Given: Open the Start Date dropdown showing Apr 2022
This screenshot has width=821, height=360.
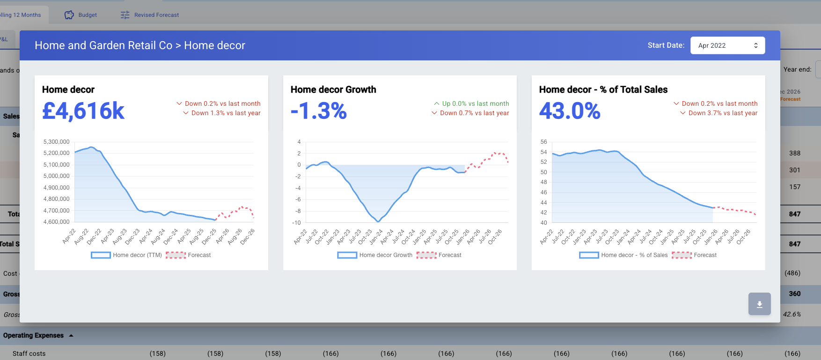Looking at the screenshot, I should tap(727, 45).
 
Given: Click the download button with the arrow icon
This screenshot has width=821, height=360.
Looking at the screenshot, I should tap(759, 304).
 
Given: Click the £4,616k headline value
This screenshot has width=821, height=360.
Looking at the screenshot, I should tap(83, 111).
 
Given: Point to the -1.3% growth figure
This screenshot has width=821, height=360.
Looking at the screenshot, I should tap(319, 111).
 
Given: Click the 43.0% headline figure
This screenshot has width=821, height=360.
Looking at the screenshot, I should tap(570, 111).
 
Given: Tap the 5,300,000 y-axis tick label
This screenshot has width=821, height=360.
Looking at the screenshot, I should tap(56, 142).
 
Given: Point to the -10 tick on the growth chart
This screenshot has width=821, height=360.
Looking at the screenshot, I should tap(296, 223).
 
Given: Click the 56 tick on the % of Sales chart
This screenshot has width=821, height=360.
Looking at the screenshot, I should tap(543, 142).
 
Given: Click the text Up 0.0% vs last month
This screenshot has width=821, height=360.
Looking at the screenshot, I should tap(475, 103).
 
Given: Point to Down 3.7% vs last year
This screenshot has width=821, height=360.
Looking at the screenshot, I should tap(722, 113).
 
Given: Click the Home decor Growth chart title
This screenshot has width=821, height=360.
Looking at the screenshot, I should tap(333, 89).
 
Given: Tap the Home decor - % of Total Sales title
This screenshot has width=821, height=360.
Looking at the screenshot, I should tap(603, 89).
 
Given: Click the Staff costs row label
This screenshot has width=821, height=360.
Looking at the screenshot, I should tap(29, 353).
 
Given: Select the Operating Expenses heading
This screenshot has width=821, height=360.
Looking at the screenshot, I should tap(34, 335).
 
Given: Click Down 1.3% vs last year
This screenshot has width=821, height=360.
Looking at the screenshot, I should tap(226, 113).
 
